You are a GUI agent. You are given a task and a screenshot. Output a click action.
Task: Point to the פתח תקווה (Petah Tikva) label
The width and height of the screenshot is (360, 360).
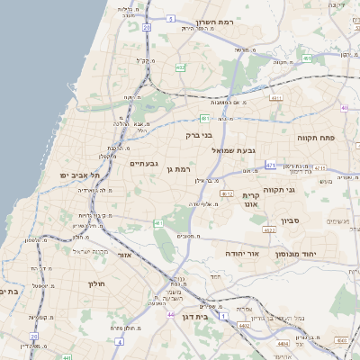click(315, 137)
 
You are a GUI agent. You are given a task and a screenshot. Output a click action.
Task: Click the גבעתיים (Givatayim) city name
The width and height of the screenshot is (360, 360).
click(144, 164)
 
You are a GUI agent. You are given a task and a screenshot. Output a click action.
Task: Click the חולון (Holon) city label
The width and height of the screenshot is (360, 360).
click(96, 283)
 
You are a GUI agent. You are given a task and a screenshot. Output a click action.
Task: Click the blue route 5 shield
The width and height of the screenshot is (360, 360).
click(171, 17)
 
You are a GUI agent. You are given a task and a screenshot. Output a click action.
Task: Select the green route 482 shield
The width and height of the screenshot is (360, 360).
click(181, 67)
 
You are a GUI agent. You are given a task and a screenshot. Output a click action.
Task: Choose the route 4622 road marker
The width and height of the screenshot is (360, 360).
click(269, 230)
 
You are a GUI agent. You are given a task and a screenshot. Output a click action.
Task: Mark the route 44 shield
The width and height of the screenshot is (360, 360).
click(171, 315)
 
